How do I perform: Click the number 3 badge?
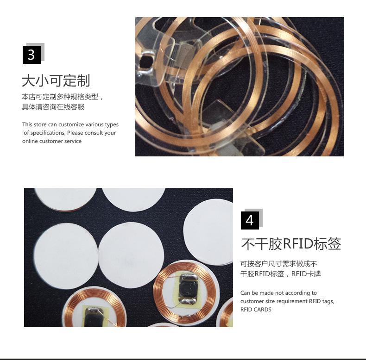32,55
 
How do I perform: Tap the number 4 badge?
250,220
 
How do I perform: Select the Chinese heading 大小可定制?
56,81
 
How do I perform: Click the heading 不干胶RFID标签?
291,244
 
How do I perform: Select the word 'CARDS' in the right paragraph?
262,310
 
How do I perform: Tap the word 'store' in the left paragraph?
39,124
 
